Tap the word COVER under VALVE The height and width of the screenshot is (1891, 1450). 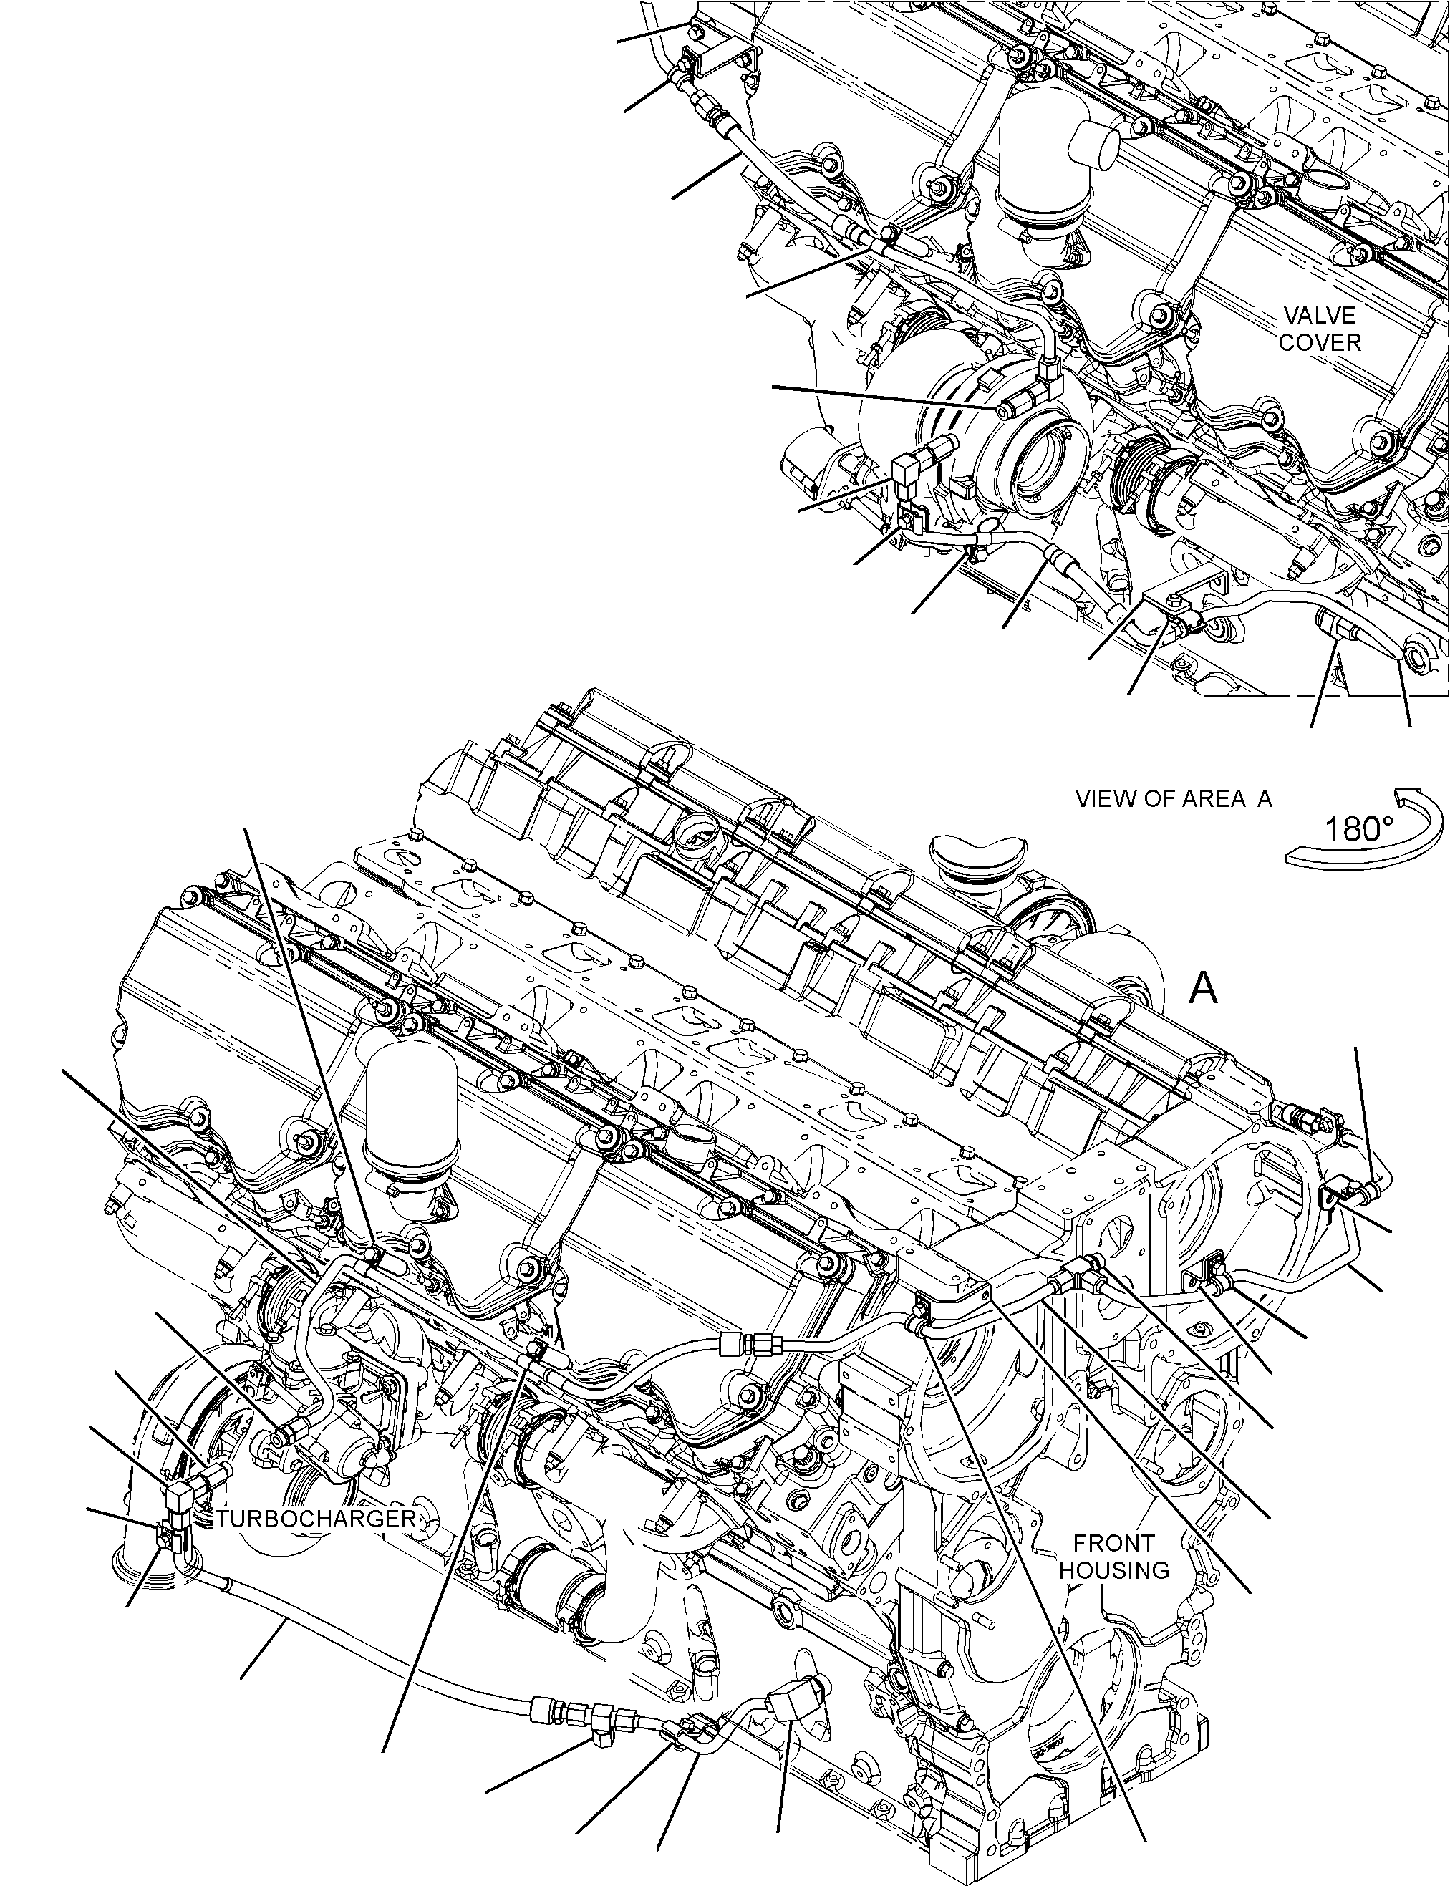click(x=1320, y=343)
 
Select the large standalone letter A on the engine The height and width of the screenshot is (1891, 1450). click(x=1203, y=988)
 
